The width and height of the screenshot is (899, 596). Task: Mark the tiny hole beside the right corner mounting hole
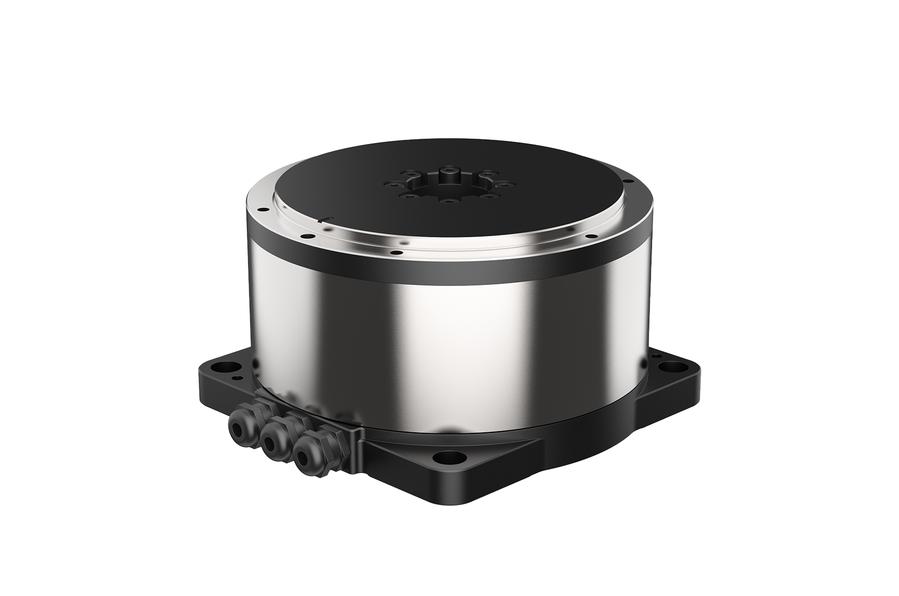point(657,357)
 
